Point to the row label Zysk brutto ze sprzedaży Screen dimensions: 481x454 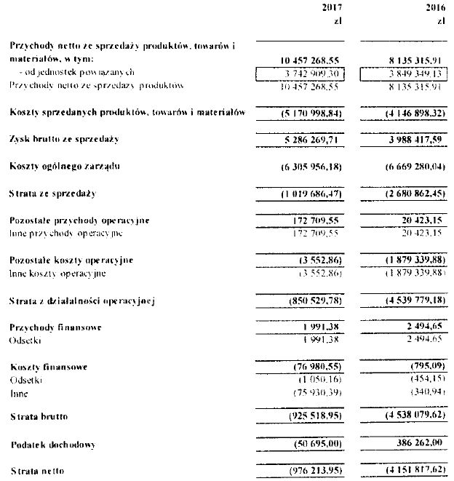coord(64,138)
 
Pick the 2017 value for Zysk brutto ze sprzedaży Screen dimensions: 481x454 coord(311,138)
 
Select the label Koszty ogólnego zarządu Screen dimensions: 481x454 coord(65,167)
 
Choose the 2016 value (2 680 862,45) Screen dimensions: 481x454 coord(411,194)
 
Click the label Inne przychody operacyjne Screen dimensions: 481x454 coord(66,233)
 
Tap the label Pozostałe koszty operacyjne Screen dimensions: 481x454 coord(71,260)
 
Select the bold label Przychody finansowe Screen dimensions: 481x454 coord(55,327)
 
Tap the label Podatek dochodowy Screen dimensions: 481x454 coord(55,444)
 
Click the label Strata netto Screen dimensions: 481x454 coord(38,471)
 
